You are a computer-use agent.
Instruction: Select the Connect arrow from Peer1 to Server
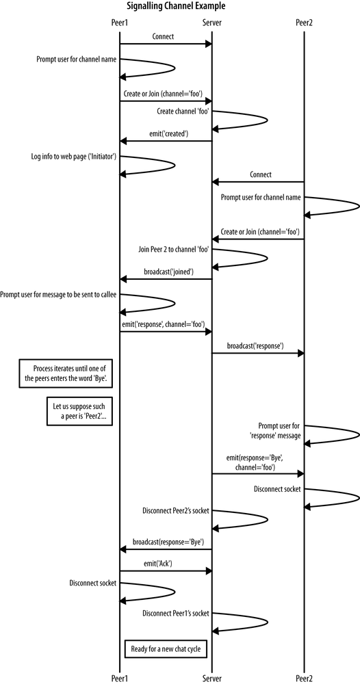(166, 44)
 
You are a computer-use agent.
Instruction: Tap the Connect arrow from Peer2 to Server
(257, 182)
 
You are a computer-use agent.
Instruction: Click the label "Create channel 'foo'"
(183, 111)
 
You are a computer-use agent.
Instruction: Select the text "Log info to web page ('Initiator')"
(77, 157)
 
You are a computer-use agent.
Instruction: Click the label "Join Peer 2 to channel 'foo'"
(174, 250)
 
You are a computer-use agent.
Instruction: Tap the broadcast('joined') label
(168, 271)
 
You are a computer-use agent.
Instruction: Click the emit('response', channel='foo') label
(164, 324)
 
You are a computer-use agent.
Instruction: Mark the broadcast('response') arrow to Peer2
(257, 354)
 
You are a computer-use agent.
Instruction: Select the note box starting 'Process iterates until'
(66, 373)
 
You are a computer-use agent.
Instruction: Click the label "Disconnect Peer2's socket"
(175, 510)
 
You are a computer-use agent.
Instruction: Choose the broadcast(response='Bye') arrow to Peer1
(166, 549)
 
